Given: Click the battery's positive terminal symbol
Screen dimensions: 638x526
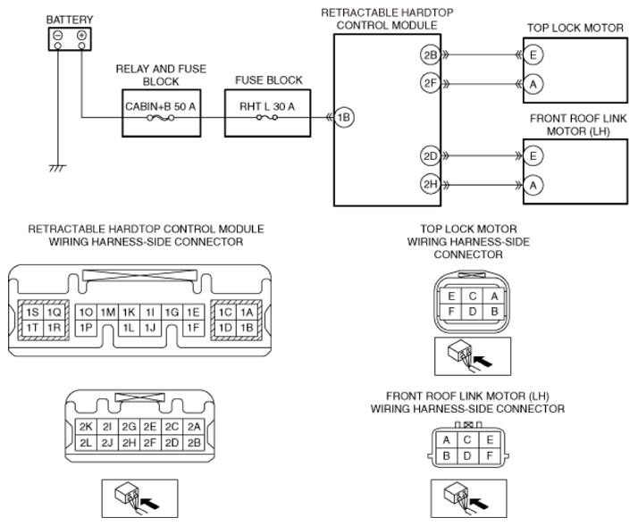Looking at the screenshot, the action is [x=82, y=35].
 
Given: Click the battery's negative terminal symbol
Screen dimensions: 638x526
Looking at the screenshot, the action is [x=58, y=35].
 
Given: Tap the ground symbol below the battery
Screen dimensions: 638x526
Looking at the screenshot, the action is [x=57, y=168].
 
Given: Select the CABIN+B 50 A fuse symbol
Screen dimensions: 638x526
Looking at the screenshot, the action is [x=161, y=118].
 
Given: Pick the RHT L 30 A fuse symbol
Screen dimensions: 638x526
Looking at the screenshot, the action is [x=267, y=118].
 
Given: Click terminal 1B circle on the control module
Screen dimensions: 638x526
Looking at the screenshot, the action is [x=344, y=118].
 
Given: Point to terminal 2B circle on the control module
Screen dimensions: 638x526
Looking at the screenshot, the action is [x=430, y=54].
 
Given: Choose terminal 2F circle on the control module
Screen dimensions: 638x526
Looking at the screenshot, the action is [x=430, y=83].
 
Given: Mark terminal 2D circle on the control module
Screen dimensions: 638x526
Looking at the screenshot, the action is [x=430, y=155].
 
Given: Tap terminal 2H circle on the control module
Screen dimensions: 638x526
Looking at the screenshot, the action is [x=430, y=185].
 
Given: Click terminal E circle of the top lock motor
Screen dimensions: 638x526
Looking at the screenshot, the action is [x=533, y=54].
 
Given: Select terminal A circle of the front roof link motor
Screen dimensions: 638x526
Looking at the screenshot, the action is [x=533, y=186].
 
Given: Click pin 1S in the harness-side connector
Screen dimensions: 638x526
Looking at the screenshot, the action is [x=32, y=312].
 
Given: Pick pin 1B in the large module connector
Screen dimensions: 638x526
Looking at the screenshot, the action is [x=247, y=328].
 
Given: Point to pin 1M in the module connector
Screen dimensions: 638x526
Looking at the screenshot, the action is [x=108, y=312].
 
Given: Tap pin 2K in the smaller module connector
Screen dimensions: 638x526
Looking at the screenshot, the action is [x=86, y=427].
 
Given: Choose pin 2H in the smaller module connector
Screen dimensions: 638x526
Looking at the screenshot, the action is [x=129, y=443].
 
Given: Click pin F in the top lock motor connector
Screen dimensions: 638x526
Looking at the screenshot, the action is [x=451, y=312].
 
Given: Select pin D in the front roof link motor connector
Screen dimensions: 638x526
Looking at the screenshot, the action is [x=467, y=455].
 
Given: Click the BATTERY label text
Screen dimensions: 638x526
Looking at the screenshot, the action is [x=70, y=20].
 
